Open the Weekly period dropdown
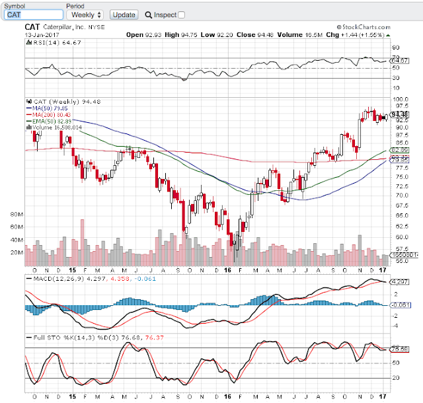click(85, 14)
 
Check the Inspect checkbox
click(182, 15)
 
